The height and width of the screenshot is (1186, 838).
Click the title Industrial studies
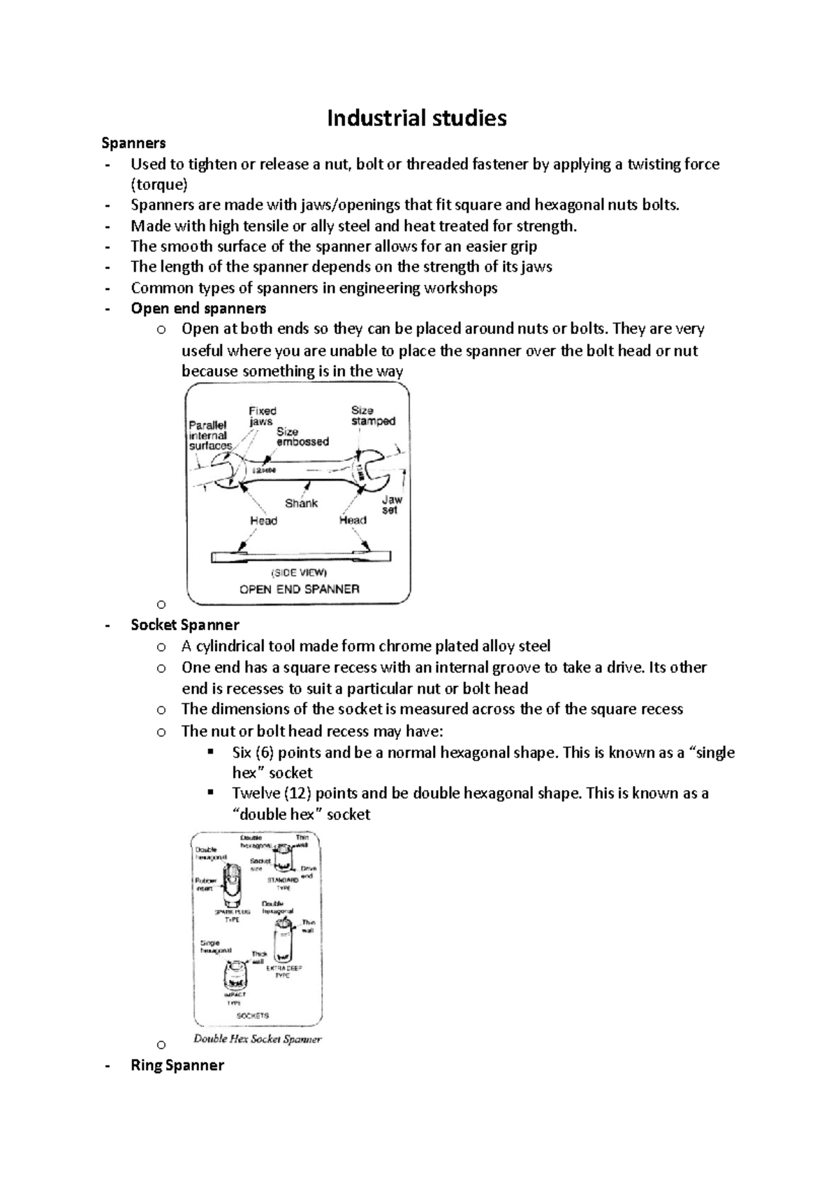(417, 118)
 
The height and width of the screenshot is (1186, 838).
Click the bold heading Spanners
(133, 143)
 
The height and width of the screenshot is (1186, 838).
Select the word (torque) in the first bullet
(159, 184)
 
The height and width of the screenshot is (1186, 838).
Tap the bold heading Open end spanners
(198, 308)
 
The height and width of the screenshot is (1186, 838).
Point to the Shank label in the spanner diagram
(301, 503)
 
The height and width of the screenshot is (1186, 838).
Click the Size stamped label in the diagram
(373, 416)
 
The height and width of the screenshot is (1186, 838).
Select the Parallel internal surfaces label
(209, 435)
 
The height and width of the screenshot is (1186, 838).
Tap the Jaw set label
(391, 505)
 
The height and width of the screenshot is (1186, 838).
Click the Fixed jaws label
(262, 416)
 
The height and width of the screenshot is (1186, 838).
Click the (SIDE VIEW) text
(299, 573)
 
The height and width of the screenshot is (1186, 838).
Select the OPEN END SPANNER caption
(299, 589)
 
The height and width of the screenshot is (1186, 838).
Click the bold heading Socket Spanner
(185, 624)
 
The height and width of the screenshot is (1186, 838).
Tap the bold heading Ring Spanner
(177, 1065)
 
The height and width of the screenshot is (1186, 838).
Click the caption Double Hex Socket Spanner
(257, 1039)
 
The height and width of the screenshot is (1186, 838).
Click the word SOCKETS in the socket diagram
(253, 1015)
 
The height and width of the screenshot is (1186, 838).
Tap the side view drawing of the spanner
(300, 557)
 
